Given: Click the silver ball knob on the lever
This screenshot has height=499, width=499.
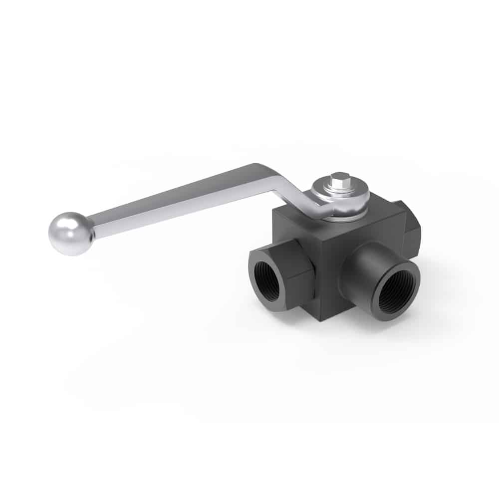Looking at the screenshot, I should (71, 234).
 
